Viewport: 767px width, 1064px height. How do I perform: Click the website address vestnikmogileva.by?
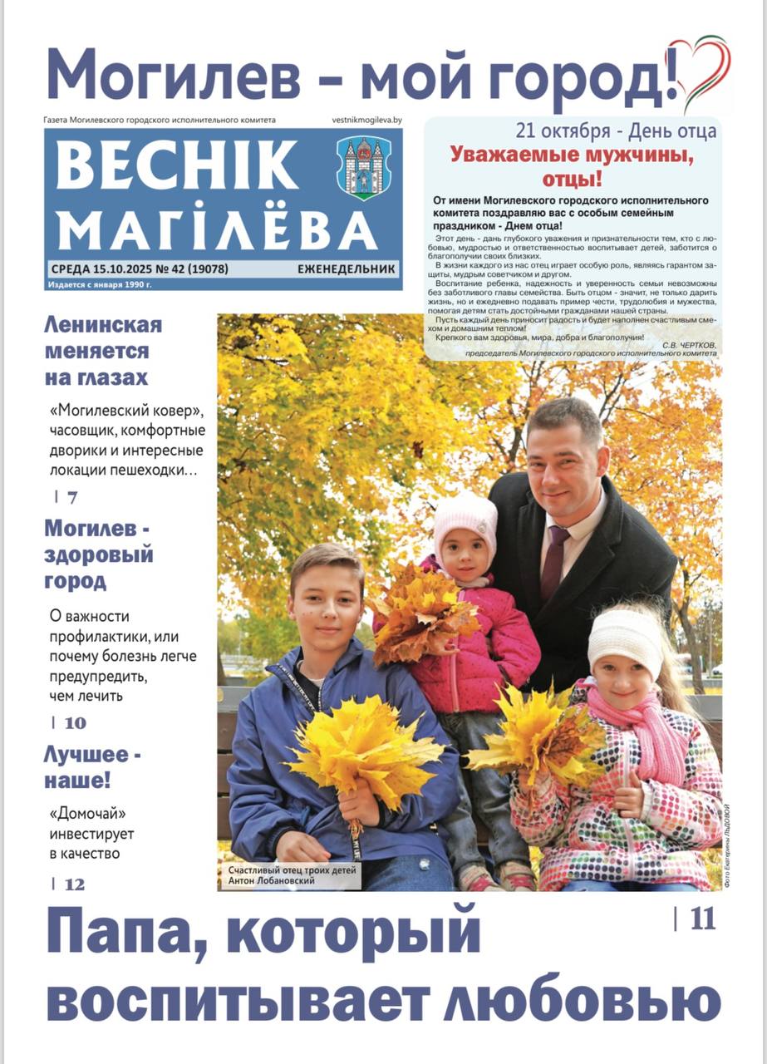tap(366, 120)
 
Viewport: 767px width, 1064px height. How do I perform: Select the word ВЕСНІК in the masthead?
tap(176, 165)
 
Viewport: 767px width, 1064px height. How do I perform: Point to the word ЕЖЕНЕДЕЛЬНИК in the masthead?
tap(347, 269)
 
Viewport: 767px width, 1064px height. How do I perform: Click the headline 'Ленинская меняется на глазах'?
tap(102, 351)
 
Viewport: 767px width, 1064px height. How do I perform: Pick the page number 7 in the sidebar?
tap(72, 498)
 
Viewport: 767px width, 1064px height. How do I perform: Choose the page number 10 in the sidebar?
tap(75, 722)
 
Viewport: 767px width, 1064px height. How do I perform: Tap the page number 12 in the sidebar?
tap(74, 884)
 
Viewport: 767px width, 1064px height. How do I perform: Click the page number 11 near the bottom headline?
tap(702, 919)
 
